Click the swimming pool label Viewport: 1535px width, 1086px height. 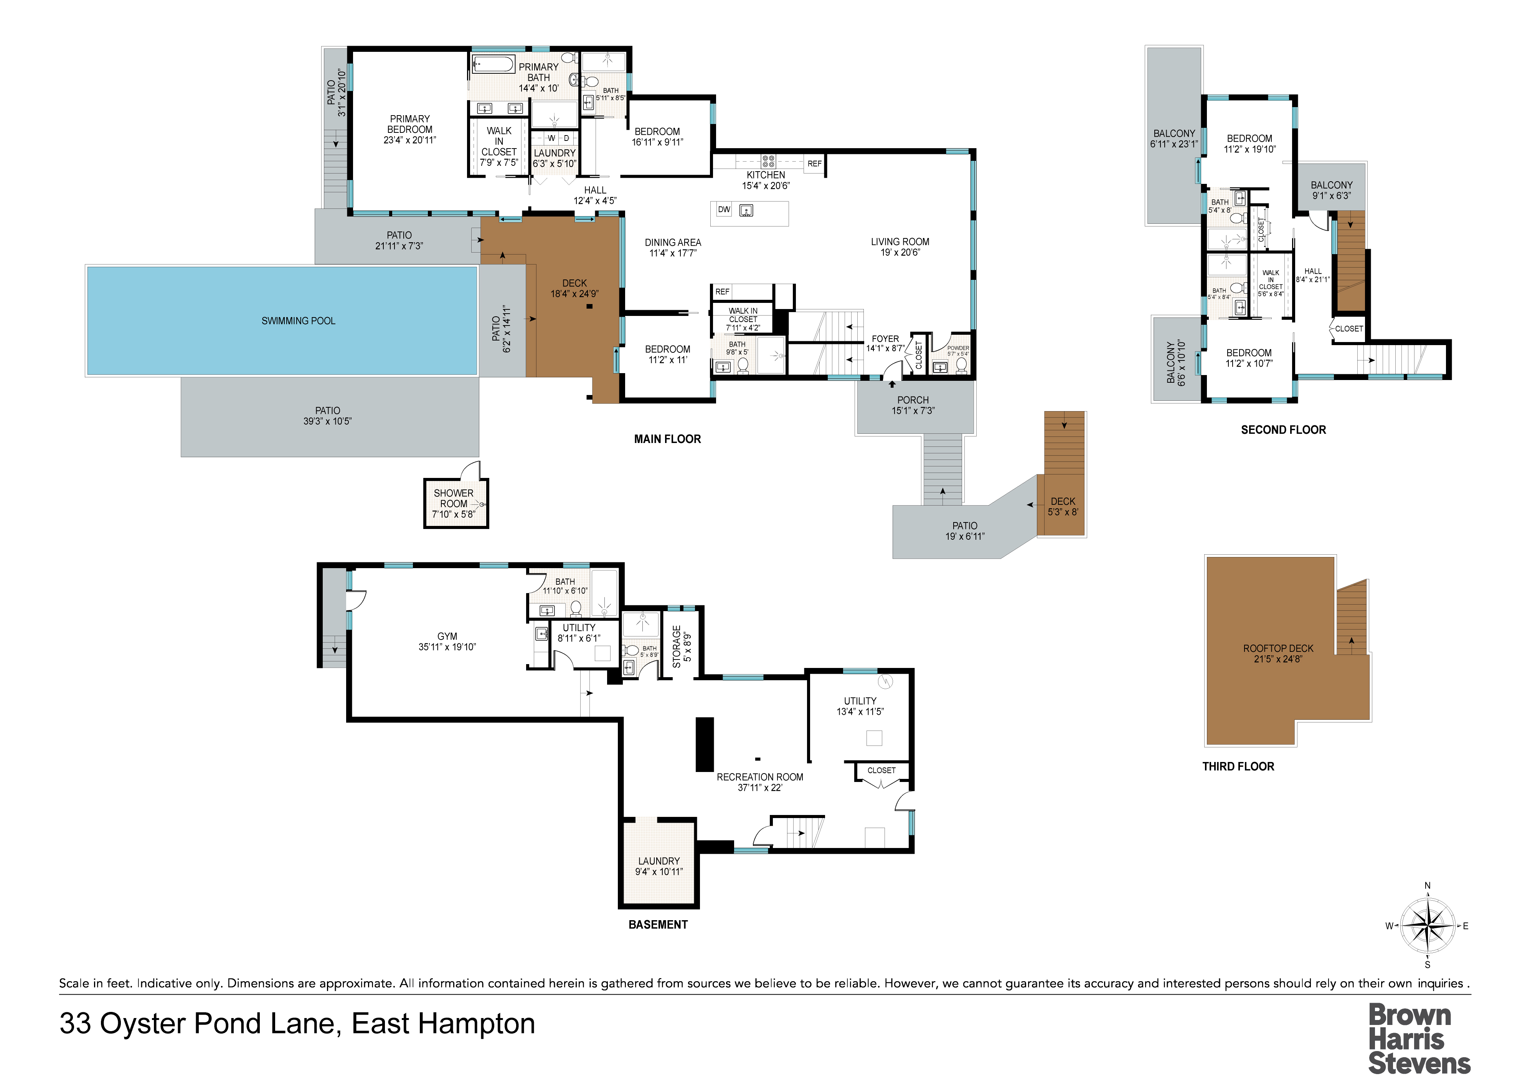click(x=298, y=321)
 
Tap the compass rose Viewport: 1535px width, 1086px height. click(x=1428, y=926)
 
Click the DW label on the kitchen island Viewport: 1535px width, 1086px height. click(x=724, y=209)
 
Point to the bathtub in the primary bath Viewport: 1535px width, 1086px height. click(x=494, y=64)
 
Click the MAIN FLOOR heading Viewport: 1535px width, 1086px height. click(x=667, y=439)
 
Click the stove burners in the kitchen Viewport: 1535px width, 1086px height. click(x=768, y=160)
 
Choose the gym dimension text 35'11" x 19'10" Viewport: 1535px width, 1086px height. click(x=447, y=647)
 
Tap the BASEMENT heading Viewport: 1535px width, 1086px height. click(x=658, y=925)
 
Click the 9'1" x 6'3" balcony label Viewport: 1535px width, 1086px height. click(x=1331, y=190)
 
